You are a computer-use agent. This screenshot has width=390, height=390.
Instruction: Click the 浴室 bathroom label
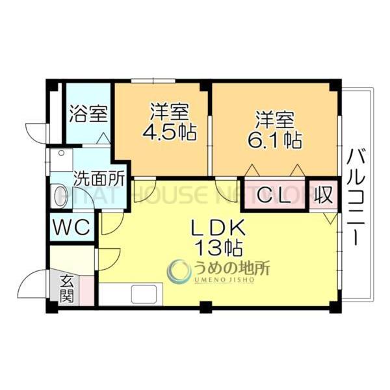tap(88, 114)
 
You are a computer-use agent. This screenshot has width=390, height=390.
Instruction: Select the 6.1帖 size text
tap(276, 138)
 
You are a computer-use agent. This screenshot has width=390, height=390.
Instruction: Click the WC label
tap(73, 228)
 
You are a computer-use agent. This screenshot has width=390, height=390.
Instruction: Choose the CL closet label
tap(275, 195)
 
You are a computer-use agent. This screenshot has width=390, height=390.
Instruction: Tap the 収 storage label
tap(323, 194)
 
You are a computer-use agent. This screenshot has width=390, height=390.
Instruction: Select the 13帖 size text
tap(217, 247)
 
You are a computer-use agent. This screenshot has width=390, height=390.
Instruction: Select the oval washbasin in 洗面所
tap(59, 196)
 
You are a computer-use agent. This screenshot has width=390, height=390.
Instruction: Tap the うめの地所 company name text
tap(231, 267)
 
